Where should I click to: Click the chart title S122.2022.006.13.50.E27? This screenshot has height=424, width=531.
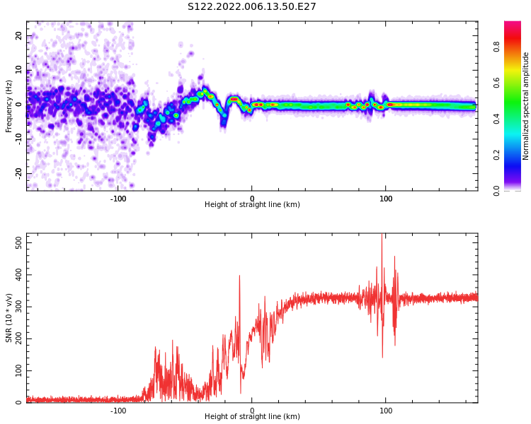252,7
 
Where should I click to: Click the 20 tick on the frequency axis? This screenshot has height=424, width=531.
19,36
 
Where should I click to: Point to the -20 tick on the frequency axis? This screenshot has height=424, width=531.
19,172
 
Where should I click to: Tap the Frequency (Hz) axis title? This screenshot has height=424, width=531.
9,105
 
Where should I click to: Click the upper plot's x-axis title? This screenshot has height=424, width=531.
252,205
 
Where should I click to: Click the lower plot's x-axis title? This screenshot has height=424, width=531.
252,417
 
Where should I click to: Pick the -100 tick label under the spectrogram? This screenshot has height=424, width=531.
118,199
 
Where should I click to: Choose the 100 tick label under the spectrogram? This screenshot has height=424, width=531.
386,199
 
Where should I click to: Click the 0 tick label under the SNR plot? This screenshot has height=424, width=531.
252,411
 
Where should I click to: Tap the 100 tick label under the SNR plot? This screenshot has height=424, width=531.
386,411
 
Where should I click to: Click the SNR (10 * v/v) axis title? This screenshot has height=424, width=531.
9,319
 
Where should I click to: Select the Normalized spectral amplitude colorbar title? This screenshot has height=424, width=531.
526,106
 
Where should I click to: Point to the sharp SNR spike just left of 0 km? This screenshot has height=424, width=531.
239,276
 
